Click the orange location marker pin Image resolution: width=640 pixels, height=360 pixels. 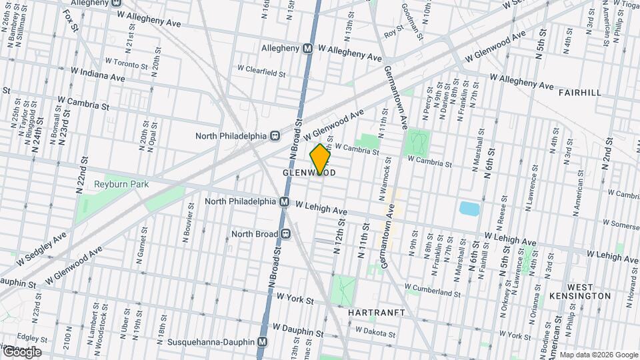[321, 159]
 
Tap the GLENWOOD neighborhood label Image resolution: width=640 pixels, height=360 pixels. [309, 173]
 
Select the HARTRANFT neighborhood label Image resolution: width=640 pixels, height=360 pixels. [377, 311]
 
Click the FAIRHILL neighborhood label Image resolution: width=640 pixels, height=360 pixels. [580, 92]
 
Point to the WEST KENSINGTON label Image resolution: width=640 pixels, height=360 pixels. [580, 290]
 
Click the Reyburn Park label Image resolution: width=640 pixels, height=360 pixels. [121, 183]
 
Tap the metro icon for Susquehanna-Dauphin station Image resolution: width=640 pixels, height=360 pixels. [263, 342]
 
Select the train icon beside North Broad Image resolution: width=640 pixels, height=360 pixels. [285, 234]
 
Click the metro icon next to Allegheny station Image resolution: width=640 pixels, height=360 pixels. [307, 49]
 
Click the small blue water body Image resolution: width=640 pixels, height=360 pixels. [469, 209]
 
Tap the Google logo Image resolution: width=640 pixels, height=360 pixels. [21, 351]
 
